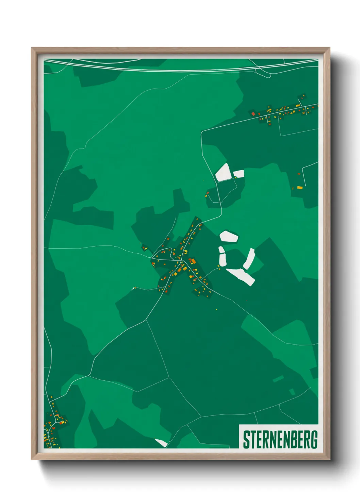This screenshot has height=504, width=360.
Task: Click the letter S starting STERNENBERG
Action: tap(246, 439)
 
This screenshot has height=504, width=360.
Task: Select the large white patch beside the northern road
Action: tap(223, 172)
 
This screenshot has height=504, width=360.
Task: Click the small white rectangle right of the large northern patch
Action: tap(239, 174)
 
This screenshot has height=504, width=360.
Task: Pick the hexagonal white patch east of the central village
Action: tap(229, 236)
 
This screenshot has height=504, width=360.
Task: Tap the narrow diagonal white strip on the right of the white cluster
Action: tap(249, 259)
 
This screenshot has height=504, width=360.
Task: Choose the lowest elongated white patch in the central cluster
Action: tap(241, 276)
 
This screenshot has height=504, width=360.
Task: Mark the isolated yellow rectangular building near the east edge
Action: tap(299, 187)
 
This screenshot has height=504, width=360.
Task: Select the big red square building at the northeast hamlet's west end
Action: tap(253, 113)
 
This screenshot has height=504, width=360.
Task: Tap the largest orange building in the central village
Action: tap(193, 262)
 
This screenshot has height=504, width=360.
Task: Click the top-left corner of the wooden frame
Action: tap(32, 48)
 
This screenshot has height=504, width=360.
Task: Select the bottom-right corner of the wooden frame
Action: tap(329, 459)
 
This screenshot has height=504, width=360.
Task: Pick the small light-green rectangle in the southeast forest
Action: tap(278, 379)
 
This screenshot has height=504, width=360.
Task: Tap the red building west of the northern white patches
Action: tap(207, 194)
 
